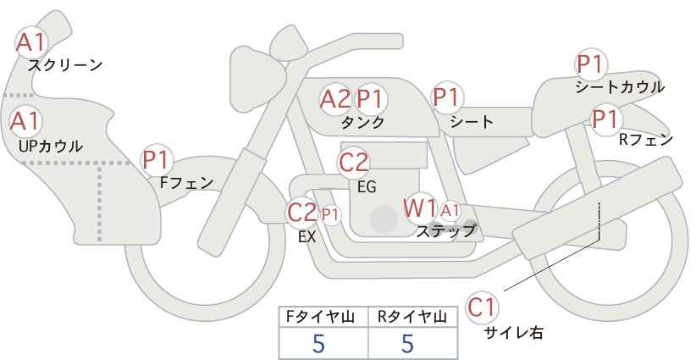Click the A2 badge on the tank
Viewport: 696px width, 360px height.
coord(334,99)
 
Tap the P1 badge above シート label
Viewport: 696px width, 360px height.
coord(447,97)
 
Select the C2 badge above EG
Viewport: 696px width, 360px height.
coord(354,162)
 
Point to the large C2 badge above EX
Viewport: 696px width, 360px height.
coord(302,212)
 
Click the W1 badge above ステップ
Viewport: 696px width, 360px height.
coord(420,208)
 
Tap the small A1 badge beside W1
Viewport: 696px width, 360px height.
coord(450,210)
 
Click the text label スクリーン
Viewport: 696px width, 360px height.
coord(65,65)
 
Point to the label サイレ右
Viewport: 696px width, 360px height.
coord(514,333)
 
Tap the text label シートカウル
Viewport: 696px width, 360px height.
coord(620,87)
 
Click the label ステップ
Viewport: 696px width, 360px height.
coord(446,230)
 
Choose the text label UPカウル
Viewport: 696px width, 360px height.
coord(51,146)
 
